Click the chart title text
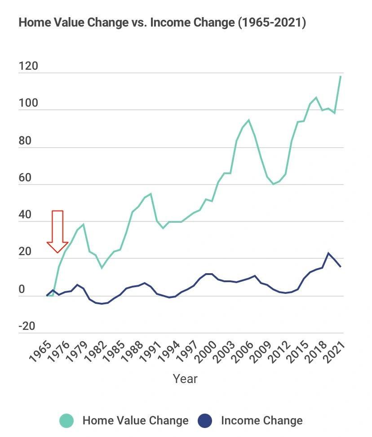pos(162,23)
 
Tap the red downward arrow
pos(57,231)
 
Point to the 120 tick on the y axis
pos(28,67)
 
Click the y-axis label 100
pos(28,104)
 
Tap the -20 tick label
pos(27,326)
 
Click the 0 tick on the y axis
pos(22,290)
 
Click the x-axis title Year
pos(185,378)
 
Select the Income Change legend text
pos(261,421)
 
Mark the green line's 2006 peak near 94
pos(248,120)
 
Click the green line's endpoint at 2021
pos(341,76)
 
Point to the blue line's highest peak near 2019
pos(328,253)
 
